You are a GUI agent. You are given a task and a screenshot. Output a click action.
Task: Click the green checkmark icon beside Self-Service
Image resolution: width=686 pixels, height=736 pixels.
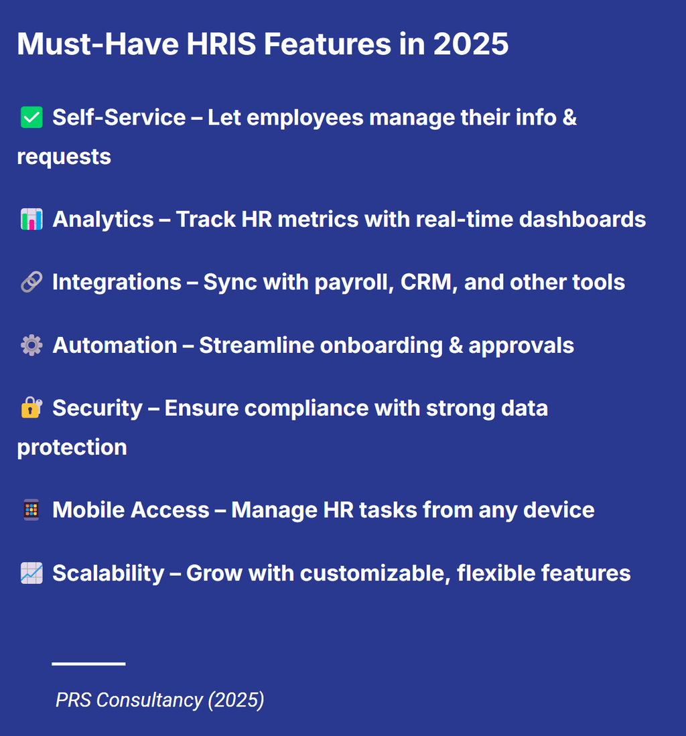(x=31, y=119)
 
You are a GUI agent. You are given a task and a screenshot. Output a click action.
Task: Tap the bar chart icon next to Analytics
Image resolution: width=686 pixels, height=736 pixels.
(x=31, y=220)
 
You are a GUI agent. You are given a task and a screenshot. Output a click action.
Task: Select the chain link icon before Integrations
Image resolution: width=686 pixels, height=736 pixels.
(x=31, y=283)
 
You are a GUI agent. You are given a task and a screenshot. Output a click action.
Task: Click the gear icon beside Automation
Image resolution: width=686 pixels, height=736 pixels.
(x=31, y=346)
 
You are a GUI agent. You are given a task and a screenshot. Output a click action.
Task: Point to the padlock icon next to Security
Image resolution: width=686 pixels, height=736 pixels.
(x=31, y=408)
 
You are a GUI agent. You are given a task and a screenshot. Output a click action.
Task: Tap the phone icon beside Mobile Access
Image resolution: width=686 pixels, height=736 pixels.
(x=31, y=510)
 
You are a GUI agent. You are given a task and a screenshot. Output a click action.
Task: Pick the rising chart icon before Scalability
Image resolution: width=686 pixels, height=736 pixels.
(x=31, y=573)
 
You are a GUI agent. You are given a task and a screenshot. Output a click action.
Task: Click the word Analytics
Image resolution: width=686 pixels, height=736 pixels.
(x=103, y=220)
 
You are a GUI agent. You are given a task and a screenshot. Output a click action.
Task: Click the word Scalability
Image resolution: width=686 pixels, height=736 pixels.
(x=108, y=573)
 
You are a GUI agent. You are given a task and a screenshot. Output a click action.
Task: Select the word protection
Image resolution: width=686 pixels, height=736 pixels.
(x=72, y=447)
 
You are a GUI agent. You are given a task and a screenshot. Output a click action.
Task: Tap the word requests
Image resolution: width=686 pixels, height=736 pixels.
(x=64, y=157)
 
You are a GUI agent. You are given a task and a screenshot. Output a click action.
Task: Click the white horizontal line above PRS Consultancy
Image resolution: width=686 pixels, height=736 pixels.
(x=88, y=664)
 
